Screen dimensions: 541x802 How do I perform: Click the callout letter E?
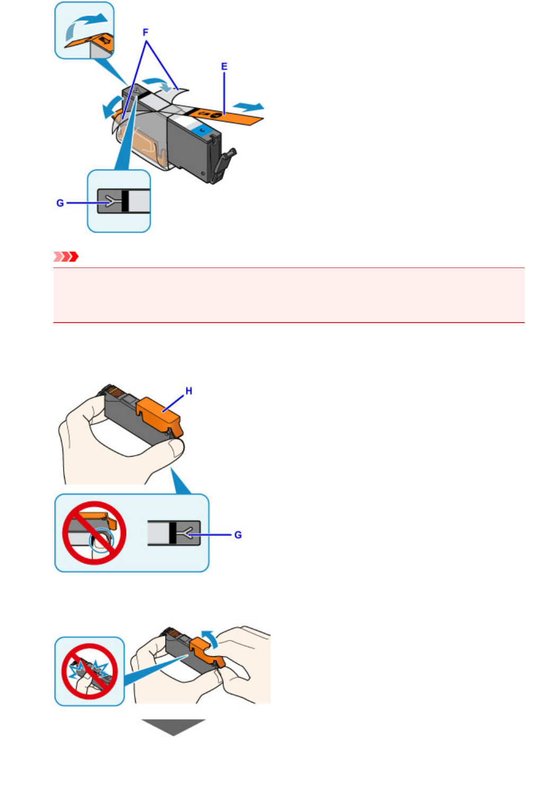(224, 67)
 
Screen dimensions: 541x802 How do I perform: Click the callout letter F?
(146, 33)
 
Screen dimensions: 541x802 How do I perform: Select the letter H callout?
(189, 391)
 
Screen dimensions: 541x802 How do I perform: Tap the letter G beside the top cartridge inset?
(60, 203)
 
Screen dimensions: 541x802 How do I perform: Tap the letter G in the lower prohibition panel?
(238, 535)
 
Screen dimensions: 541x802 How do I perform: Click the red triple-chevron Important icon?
(66, 257)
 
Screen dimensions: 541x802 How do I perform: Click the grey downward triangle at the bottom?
(173, 726)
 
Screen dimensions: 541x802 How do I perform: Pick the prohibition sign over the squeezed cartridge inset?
(89, 671)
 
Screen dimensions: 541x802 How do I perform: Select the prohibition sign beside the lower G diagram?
(94, 533)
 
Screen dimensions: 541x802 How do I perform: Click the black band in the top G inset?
(125, 202)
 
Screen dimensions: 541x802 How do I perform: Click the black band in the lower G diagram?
(172, 533)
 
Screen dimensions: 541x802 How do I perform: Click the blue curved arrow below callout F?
(159, 82)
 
